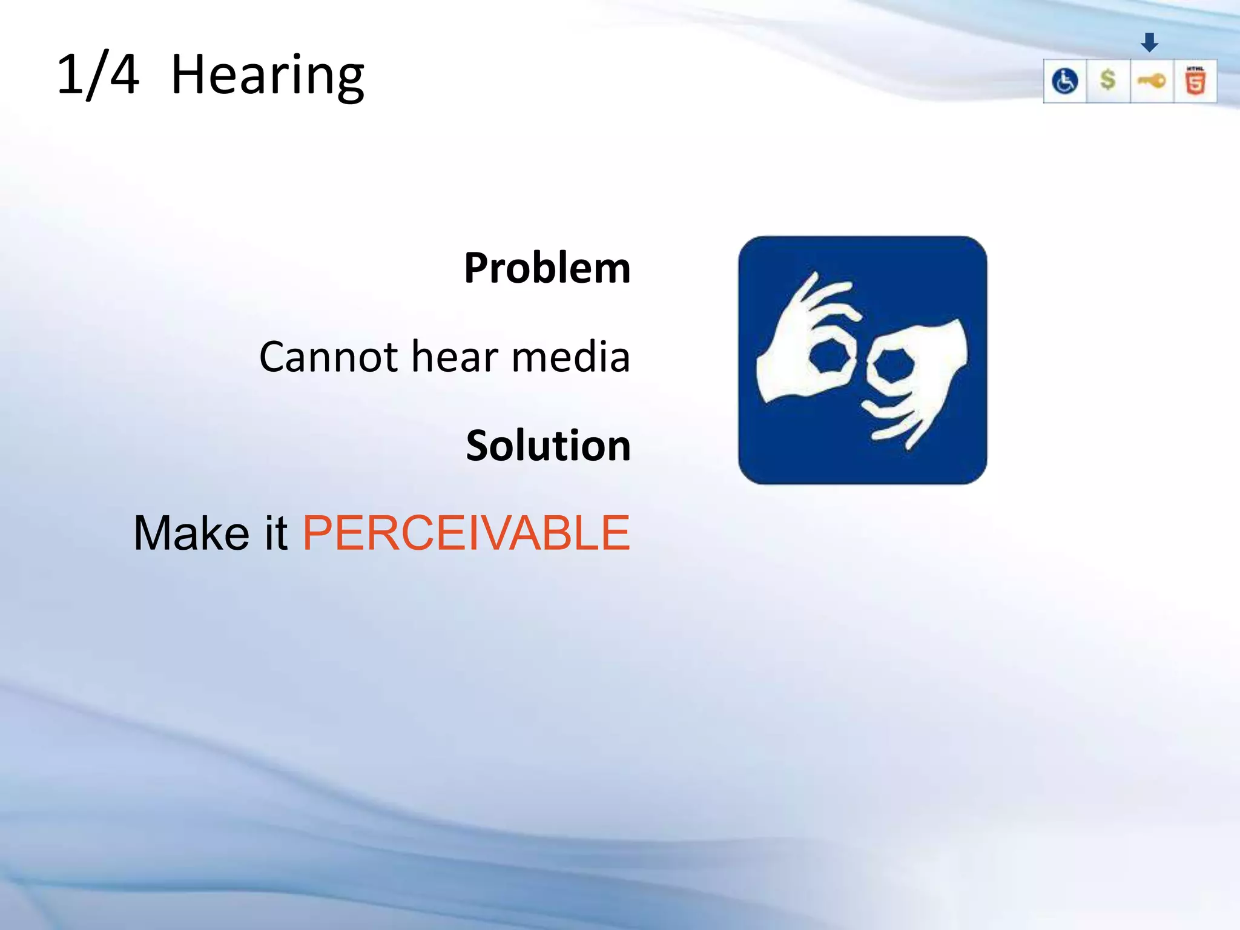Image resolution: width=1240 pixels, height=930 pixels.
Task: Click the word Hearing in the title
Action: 267,76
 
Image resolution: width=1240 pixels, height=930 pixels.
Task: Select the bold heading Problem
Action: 547,268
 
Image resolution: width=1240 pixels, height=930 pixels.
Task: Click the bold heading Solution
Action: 548,446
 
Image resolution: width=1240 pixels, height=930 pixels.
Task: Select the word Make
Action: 191,533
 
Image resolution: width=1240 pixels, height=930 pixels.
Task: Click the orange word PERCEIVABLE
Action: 466,533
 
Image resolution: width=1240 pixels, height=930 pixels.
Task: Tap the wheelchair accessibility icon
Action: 1064,81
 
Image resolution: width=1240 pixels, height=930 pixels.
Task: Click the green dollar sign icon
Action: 1108,80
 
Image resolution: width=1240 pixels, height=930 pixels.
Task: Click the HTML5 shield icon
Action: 1195,81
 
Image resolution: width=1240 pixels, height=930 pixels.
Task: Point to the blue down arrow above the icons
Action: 1149,42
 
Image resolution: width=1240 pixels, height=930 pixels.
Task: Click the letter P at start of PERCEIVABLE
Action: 317,533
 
